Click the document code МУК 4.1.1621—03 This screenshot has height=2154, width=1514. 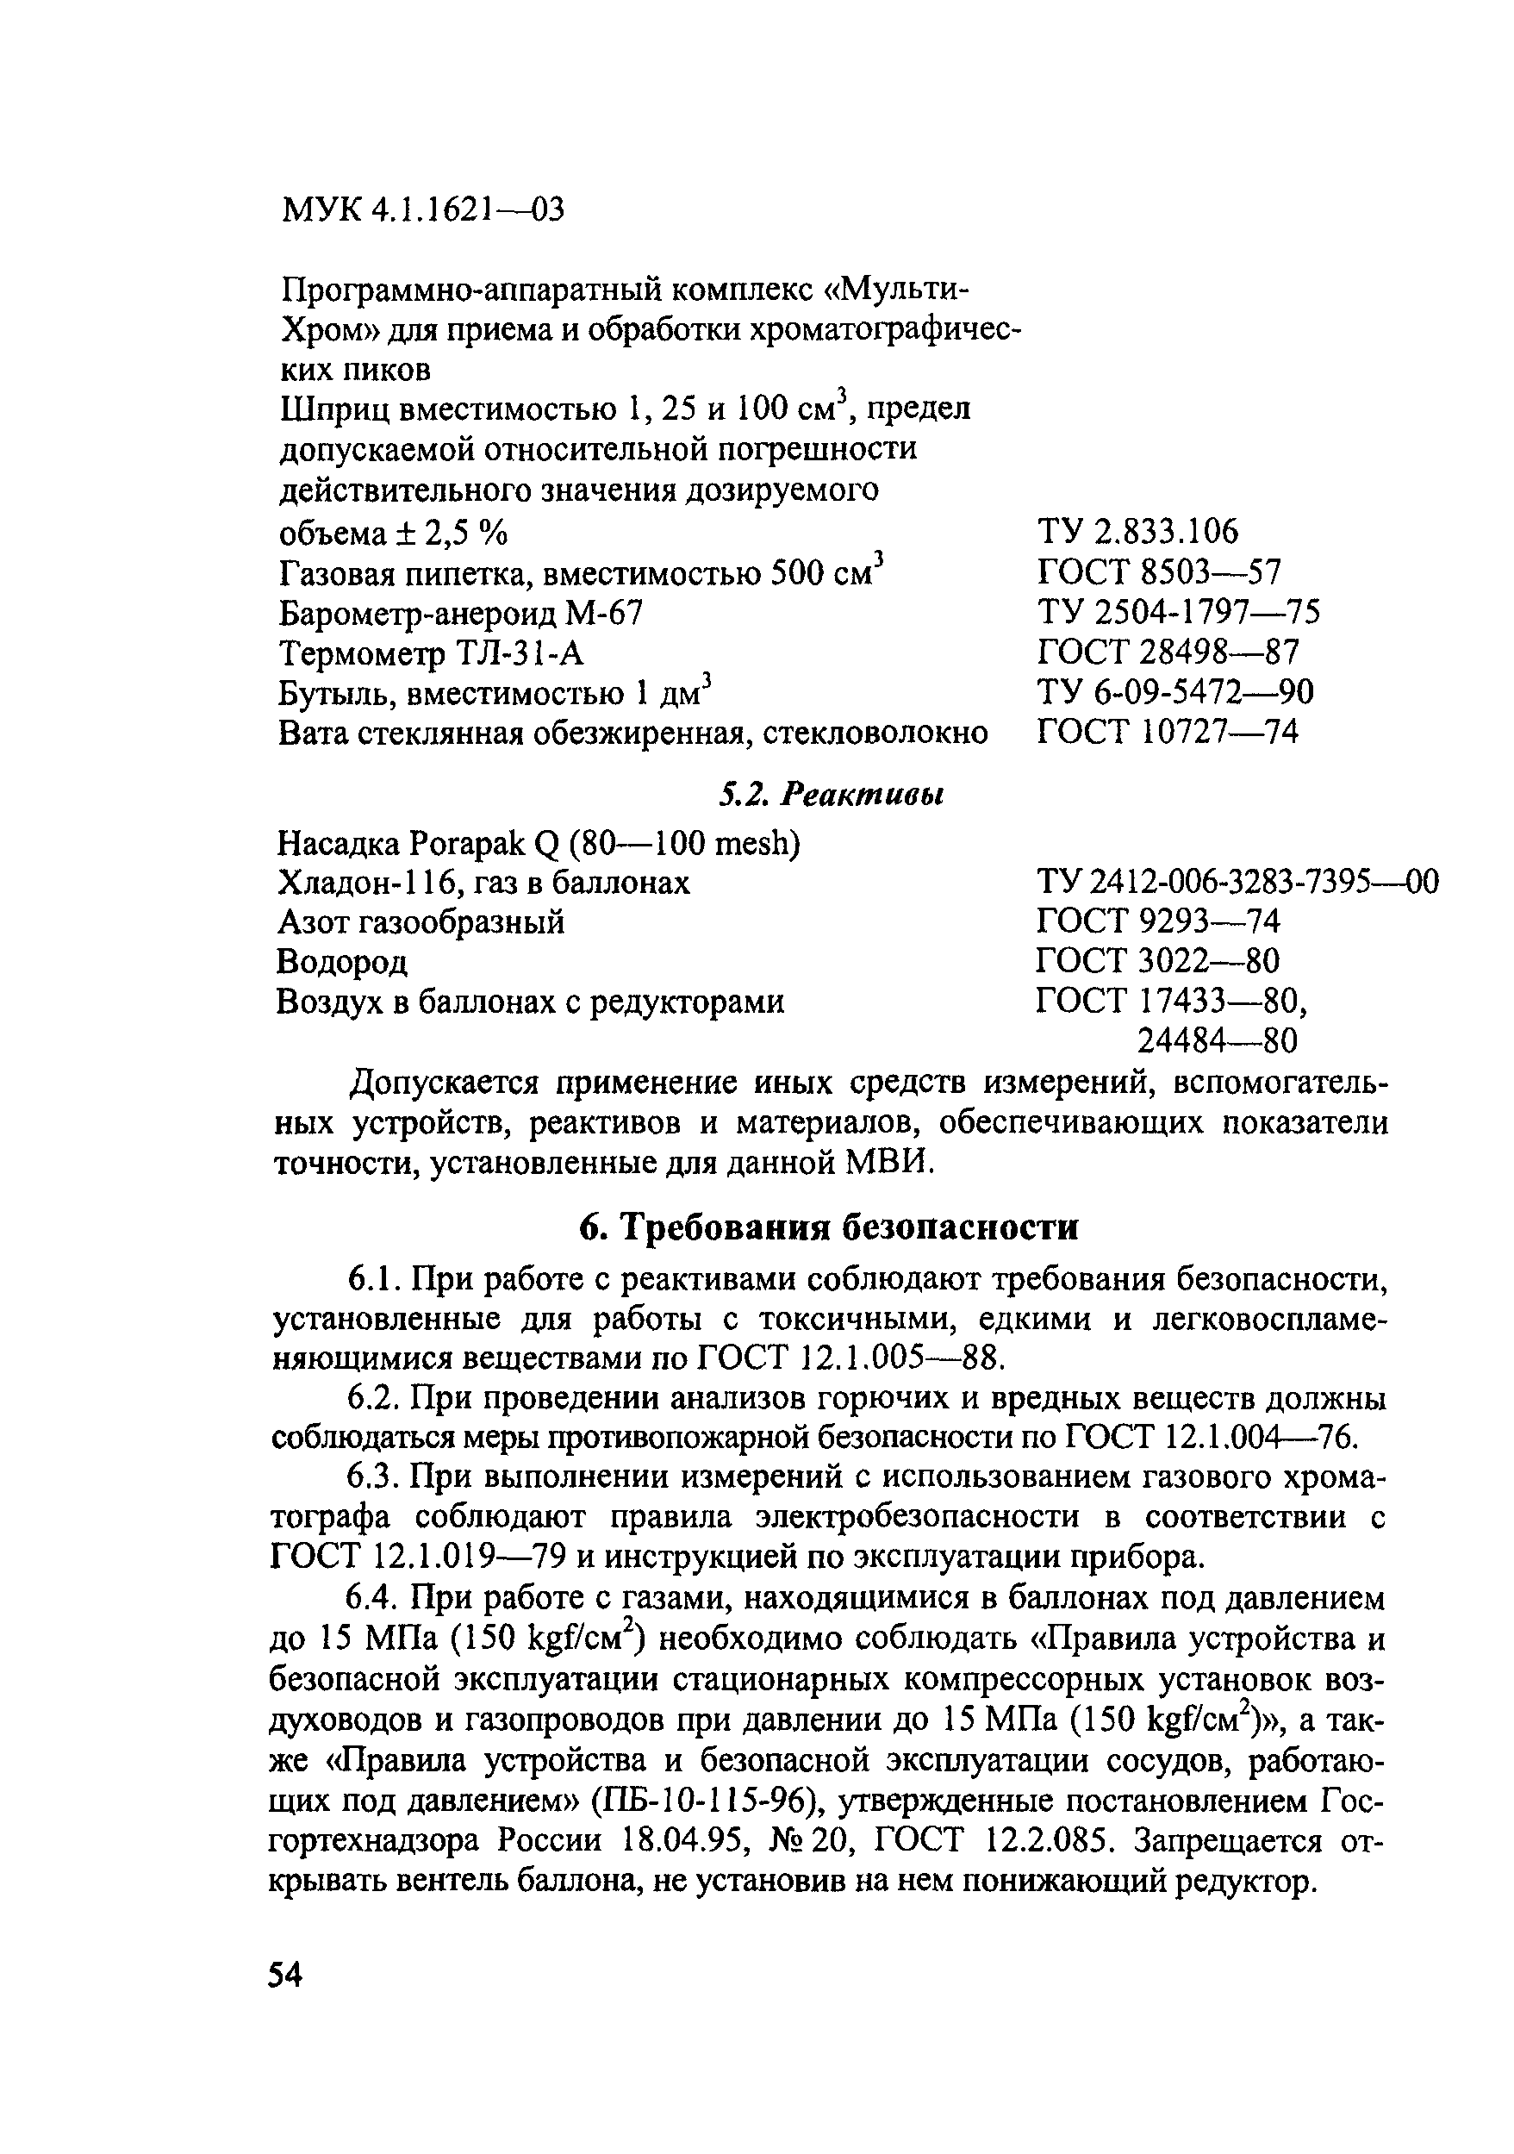(423, 209)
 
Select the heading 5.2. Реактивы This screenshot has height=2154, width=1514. (830, 795)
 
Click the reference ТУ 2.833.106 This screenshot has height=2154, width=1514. (1137, 532)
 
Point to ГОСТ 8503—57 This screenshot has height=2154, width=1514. (1158, 571)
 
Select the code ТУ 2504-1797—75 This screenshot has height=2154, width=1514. (1178, 612)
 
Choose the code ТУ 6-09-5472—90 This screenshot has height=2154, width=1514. (1174, 691)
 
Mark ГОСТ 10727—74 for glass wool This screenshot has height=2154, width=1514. (1168, 731)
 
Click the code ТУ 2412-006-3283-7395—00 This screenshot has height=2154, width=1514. (1237, 882)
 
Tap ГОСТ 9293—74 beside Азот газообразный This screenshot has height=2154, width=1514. (1157, 922)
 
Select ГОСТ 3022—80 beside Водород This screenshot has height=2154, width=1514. (1157, 961)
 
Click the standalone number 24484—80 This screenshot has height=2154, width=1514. (1217, 1040)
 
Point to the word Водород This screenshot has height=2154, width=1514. (342, 962)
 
